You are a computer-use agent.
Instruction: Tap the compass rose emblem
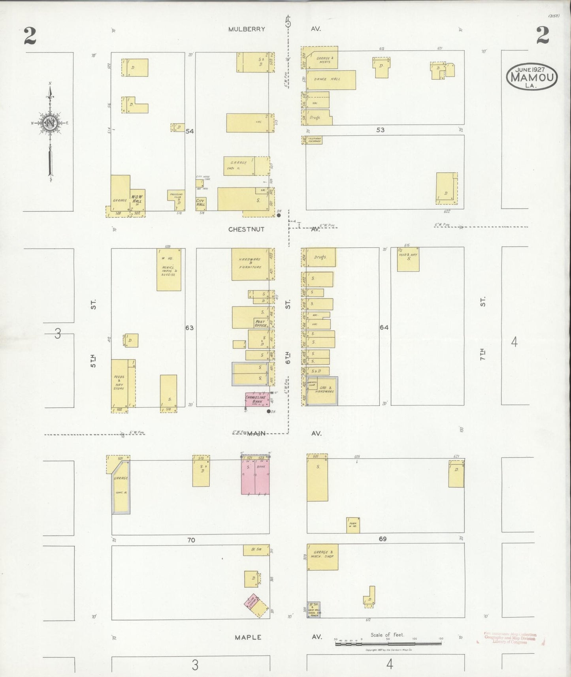(51, 123)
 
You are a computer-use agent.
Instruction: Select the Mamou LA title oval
(532, 77)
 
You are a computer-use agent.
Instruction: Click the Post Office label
(260, 323)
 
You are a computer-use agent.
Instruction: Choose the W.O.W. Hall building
(138, 199)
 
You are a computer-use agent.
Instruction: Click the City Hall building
(201, 203)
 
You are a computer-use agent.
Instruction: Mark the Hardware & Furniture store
(251, 264)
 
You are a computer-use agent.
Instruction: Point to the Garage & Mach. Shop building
(322, 557)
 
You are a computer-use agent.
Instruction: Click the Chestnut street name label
(246, 229)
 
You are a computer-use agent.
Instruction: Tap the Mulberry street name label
(247, 29)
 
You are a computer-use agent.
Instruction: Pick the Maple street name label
(248, 637)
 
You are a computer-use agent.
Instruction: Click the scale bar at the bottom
(388, 643)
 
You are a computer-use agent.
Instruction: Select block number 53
(380, 130)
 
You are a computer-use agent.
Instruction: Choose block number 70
(191, 540)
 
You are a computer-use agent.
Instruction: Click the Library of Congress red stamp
(510, 638)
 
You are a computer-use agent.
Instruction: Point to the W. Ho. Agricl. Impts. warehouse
(169, 269)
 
